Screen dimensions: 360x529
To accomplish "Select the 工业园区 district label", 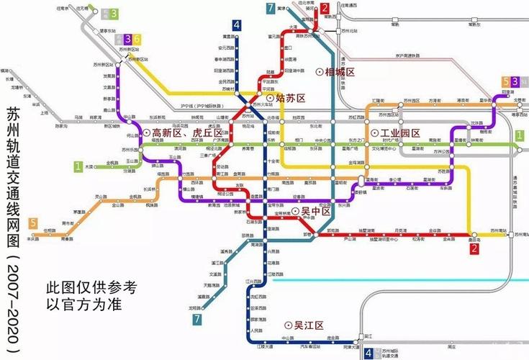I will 399,134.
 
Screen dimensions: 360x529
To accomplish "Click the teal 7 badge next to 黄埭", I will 270,9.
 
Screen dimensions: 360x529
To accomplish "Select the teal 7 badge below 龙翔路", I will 196,318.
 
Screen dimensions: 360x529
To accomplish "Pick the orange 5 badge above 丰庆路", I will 32,222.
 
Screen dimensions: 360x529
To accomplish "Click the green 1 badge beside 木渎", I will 78,166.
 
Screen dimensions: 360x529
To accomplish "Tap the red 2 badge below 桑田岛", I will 474,249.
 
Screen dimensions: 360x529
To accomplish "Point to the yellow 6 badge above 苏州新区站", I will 137,39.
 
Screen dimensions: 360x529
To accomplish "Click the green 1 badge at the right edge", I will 519,135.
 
